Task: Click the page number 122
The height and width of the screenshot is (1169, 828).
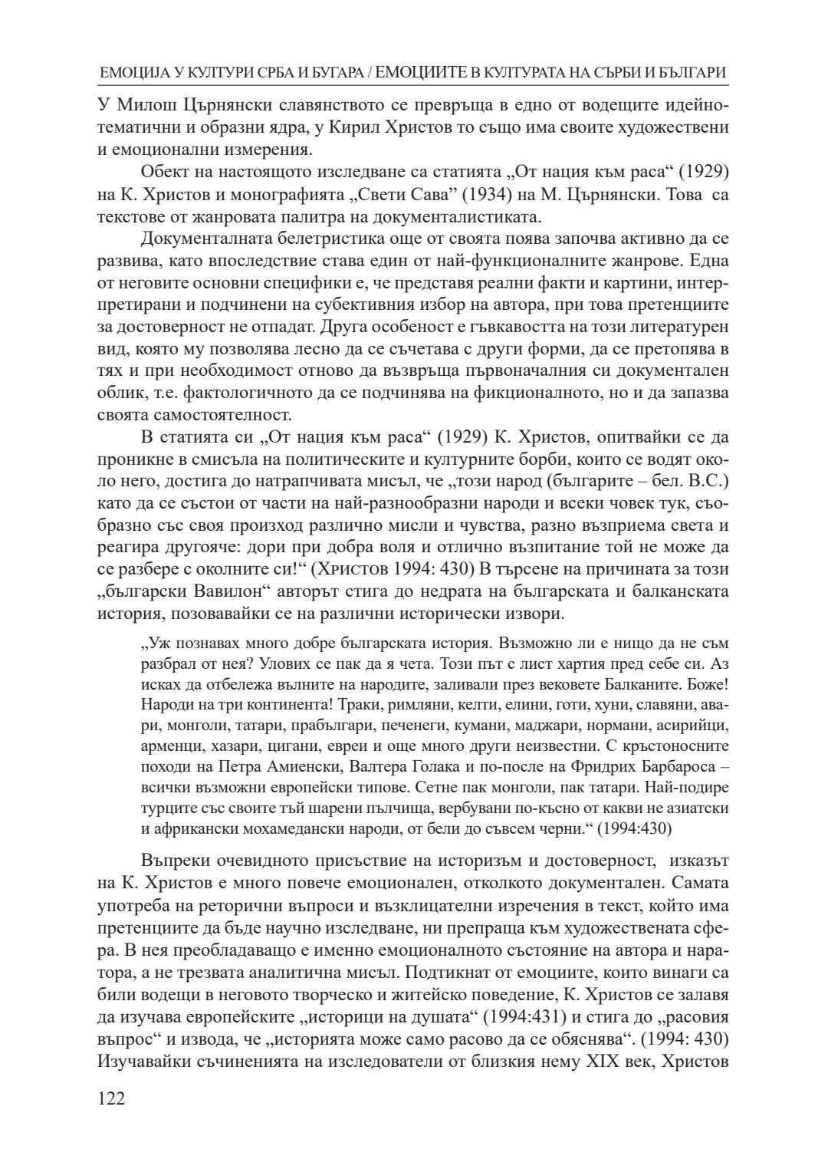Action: tap(112, 1098)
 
